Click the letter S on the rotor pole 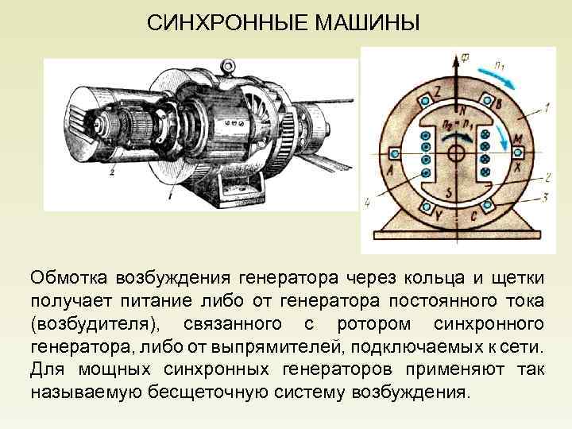[449, 191]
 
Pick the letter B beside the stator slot [497, 103]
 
